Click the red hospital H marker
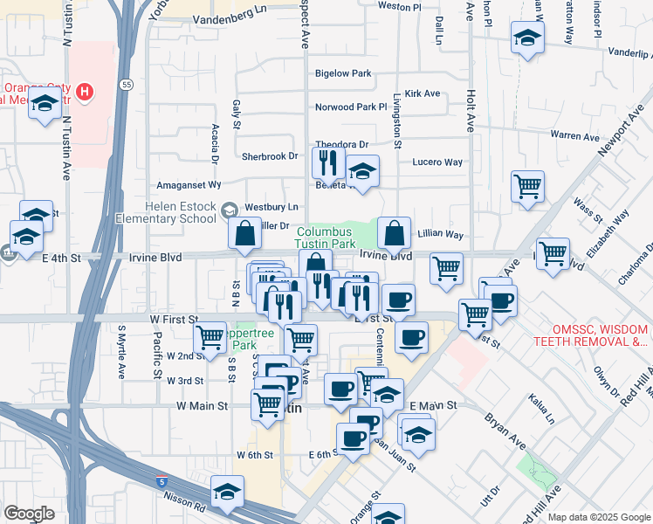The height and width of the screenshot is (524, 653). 84,90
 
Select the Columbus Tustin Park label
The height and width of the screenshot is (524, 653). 326,238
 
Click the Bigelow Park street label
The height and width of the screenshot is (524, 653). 343,74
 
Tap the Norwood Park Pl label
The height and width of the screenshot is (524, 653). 350,107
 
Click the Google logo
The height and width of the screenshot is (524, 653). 29,514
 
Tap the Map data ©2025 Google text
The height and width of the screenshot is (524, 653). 598,517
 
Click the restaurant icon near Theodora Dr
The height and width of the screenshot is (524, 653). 328,162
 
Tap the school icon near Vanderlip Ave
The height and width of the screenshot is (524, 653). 527,38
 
